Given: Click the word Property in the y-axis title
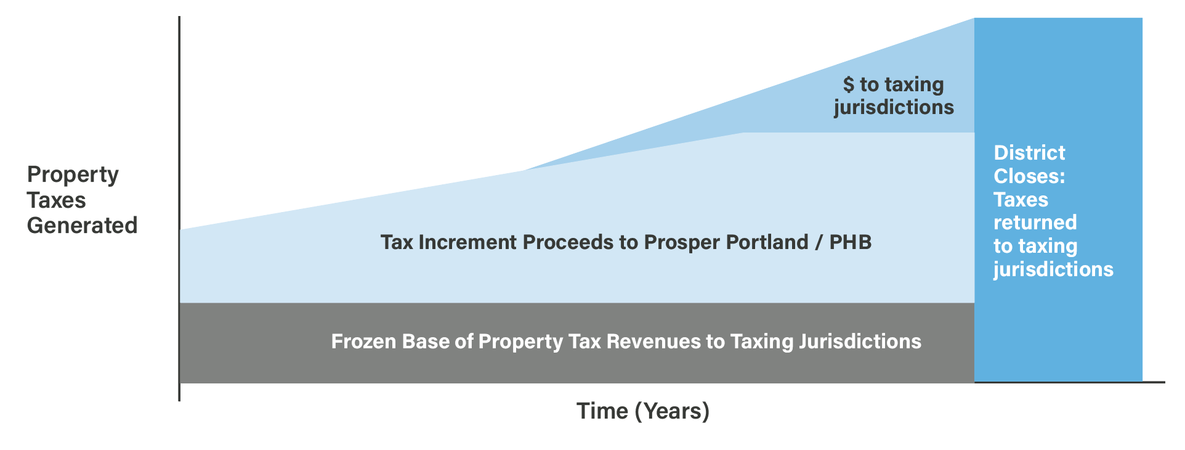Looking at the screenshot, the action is tap(73, 175).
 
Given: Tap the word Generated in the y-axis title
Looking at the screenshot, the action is tap(82, 226).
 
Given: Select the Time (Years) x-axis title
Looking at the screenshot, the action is tap(643, 411).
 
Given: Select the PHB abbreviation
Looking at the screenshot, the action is tap(851, 242).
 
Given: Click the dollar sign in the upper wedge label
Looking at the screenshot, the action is tap(849, 84).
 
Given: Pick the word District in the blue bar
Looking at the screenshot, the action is tap(1029, 153).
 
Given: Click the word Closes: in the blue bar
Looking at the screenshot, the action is tap(1029, 176).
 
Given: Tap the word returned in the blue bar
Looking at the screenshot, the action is tap(1035, 223).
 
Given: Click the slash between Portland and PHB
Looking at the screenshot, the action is tap(819, 242).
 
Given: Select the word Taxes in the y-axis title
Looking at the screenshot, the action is tap(56, 200).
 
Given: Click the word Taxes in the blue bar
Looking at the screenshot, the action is tap(1021, 200).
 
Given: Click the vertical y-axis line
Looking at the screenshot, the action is tap(179, 209).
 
